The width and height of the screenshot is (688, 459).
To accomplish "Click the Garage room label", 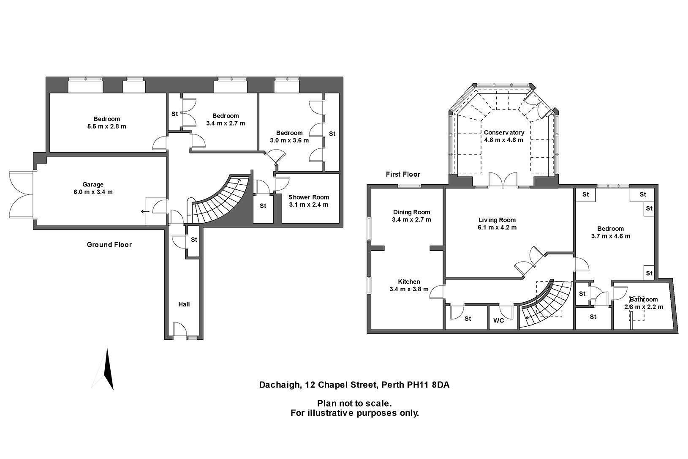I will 93,184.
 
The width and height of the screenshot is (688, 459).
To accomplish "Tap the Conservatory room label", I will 504,132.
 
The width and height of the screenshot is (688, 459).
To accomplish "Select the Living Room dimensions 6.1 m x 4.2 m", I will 498,227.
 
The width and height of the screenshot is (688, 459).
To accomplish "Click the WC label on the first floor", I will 499,320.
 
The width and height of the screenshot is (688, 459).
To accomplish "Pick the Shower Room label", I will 308,197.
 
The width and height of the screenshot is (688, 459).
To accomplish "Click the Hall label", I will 184,304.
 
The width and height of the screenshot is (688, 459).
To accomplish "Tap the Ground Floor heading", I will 109,244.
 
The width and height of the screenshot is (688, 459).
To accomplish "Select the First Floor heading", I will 403,174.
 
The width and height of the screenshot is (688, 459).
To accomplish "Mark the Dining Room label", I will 411,212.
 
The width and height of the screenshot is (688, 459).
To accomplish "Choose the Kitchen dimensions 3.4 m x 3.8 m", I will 409,289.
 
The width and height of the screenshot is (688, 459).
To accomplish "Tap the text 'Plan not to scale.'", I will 354,404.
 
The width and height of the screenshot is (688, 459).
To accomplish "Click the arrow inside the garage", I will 145,212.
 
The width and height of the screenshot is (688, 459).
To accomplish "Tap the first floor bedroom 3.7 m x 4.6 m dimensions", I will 610,236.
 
